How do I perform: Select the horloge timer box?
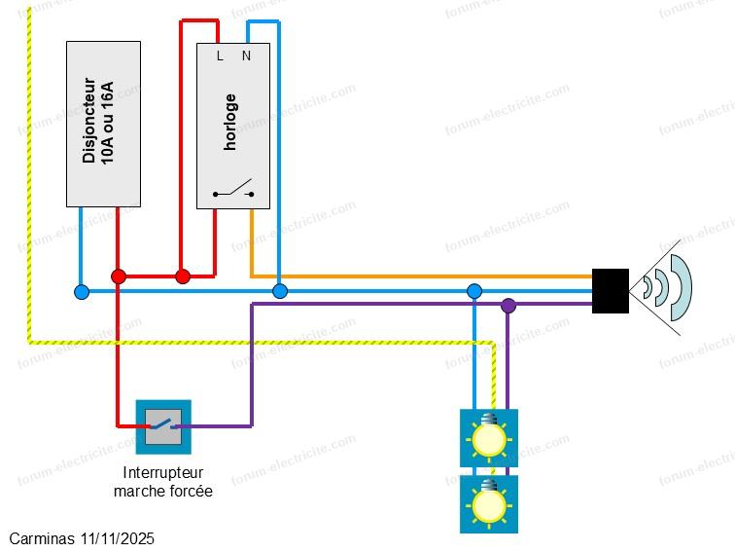click(232, 127)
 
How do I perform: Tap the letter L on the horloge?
click(220, 56)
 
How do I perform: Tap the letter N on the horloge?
click(246, 56)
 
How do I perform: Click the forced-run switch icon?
click(163, 426)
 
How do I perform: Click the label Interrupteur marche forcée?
click(162, 482)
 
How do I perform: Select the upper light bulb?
click(488, 438)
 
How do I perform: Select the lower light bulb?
click(488, 504)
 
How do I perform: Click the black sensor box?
click(611, 290)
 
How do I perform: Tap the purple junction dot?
click(507, 306)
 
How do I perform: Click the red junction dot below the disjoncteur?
click(119, 276)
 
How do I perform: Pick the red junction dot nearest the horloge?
click(183, 276)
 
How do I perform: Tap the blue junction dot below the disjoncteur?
click(82, 291)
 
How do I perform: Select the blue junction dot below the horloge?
click(280, 291)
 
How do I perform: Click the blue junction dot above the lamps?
click(474, 291)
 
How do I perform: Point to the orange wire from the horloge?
click(418, 276)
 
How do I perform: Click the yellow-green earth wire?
click(29, 195)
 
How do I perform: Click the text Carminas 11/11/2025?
click(82, 538)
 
